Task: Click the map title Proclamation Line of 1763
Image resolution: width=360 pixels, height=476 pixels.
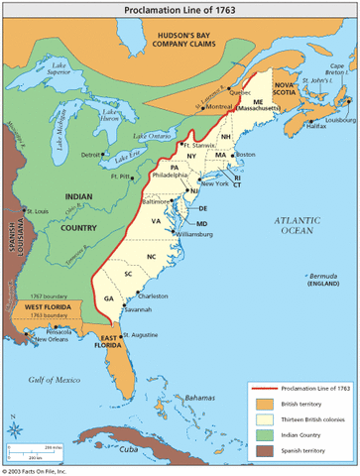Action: point(180,9)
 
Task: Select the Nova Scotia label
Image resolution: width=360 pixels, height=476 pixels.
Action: point(287,87)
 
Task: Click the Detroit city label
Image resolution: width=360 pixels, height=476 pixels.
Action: point(91,155)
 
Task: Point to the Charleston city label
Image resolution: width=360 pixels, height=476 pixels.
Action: point(154,296)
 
